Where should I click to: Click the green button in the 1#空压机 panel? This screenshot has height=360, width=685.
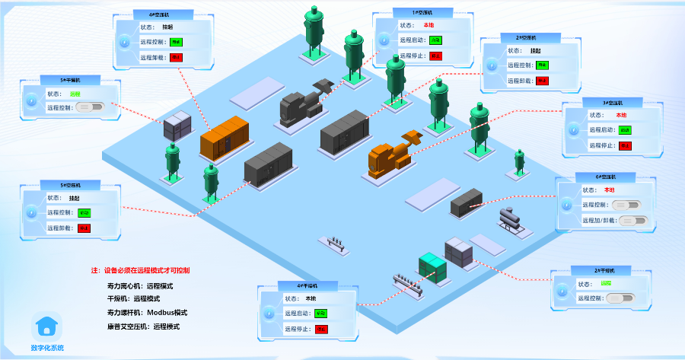click(435, 40)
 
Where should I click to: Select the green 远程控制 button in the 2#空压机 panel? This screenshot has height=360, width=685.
click(542, 65)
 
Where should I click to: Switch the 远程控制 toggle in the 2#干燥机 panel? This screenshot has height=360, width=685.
click(620, 298)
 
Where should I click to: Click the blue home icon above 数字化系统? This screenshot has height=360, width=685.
click(47, 328)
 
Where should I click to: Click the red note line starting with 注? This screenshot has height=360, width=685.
click(141, 270)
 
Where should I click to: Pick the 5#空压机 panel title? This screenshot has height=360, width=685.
click(71, 184)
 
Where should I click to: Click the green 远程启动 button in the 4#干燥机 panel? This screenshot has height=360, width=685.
click(321, 313)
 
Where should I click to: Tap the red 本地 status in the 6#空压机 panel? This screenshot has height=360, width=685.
click(609, 190)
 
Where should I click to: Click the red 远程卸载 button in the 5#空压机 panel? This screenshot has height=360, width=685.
click(84, 228)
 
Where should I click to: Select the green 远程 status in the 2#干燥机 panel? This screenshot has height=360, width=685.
click(606, 284)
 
